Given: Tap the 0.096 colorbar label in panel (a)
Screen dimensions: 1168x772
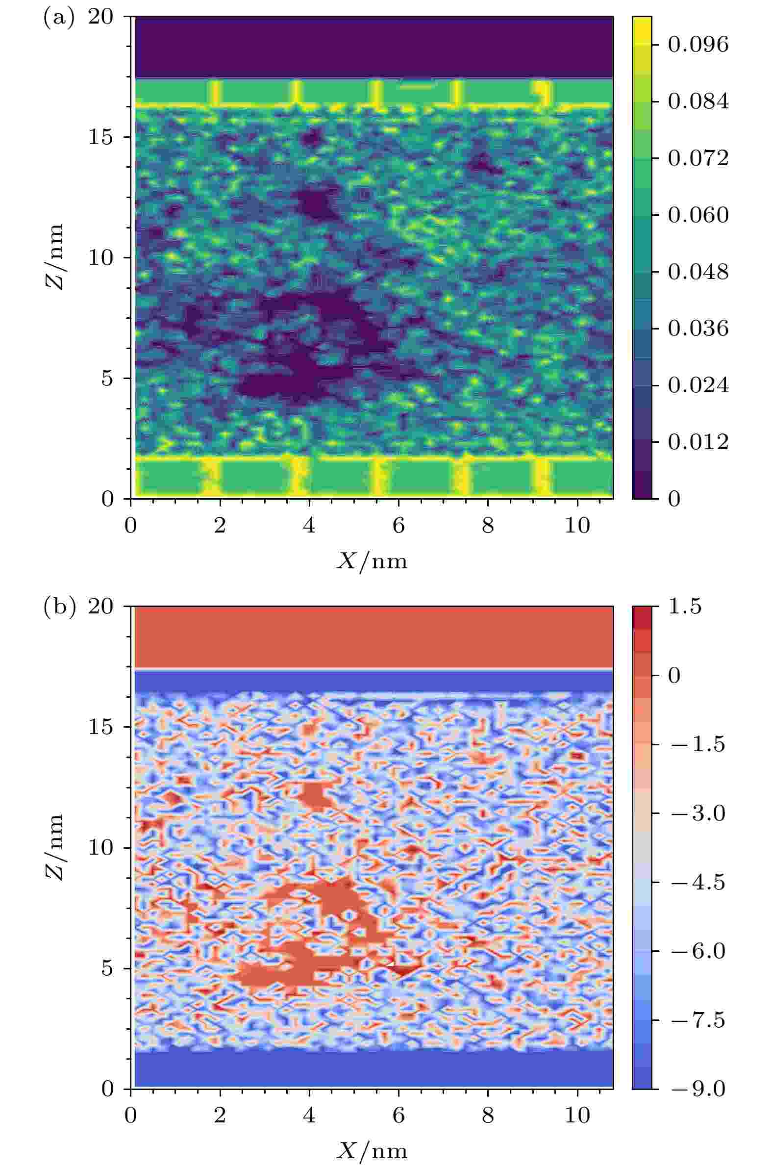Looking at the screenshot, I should point(698,45).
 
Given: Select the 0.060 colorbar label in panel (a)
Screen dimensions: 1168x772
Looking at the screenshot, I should point(698,215).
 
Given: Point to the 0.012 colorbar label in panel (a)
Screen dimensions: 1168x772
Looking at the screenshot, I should point(698,442).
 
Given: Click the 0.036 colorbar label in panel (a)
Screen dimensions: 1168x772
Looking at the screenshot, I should point(698,329).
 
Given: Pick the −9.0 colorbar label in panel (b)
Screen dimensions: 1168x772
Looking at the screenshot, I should point(698,1089).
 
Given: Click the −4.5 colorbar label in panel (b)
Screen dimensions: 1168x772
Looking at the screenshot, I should point(698,882).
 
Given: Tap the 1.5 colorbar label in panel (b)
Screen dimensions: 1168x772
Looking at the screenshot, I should point(685,607).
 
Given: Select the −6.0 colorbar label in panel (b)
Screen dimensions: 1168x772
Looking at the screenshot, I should point(698,951).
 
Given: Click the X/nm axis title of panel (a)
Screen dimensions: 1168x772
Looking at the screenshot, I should point(372,561).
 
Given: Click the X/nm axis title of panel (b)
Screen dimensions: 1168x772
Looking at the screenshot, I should point(372,1151).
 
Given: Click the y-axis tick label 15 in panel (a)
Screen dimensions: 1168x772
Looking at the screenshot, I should point(100,137).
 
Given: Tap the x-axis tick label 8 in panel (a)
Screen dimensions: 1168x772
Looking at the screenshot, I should point(487,527).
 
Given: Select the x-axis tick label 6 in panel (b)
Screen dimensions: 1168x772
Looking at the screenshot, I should point(398,1116).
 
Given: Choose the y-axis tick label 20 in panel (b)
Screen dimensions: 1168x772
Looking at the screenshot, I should point(100,607).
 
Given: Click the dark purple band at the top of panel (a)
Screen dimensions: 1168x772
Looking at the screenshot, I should point(374,47).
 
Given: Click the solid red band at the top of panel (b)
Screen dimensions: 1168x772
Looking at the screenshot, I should point(374,636).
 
